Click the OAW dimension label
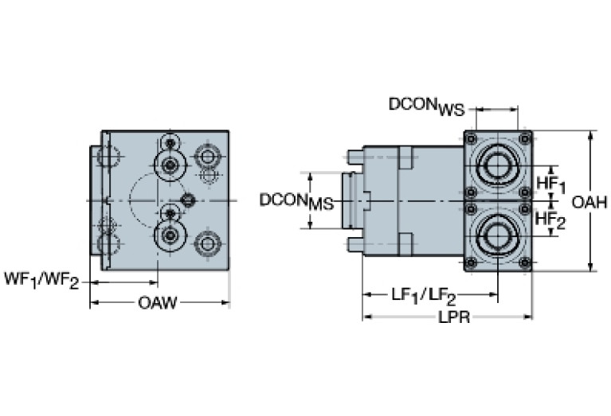tap(158, 302)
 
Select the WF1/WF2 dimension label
tap(41, 281)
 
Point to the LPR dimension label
tap(450, 317)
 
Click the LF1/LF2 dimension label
tap(423, 296)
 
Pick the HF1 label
tap(550, 185)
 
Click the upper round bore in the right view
tap(498, 166)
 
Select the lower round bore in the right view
tap(498, 235)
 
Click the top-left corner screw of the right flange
tap(471, 137)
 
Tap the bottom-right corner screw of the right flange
tap(524, 264)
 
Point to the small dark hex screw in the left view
tap(189, 200)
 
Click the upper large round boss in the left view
tap(169, 165)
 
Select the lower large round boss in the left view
tap(169, 235)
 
